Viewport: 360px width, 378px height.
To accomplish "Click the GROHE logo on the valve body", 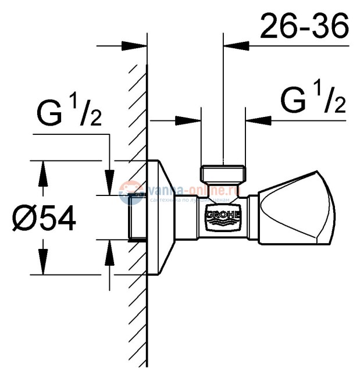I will click(223, 217).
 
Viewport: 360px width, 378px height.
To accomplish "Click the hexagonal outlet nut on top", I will click(223, 174).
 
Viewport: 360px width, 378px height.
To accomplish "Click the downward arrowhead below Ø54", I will click(41, 265).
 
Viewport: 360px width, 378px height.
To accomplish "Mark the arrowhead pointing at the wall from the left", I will click(136, 45).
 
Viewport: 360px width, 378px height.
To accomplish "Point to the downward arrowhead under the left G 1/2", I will click(109, 177).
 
